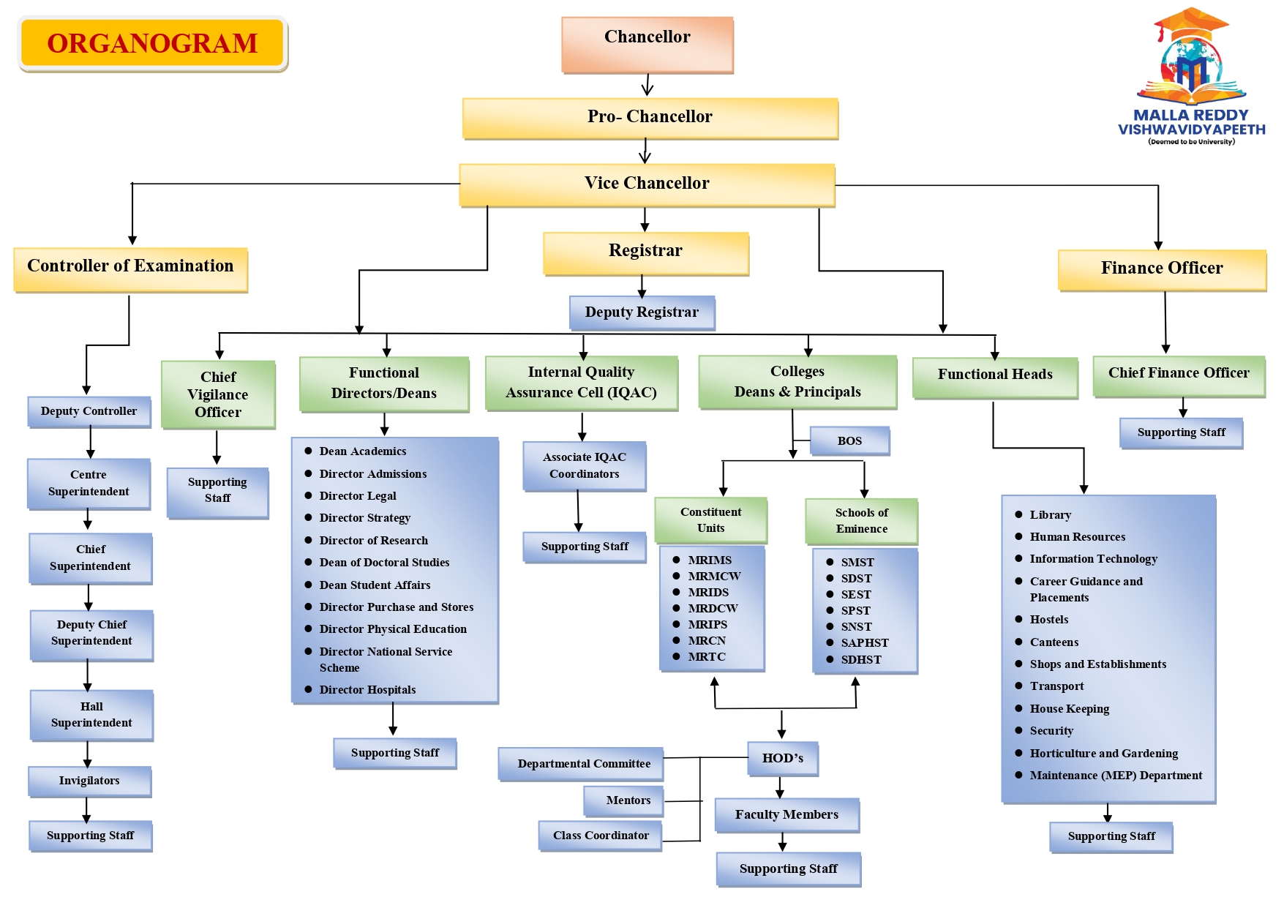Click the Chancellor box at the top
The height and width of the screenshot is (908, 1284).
pyautogui.click(x=647, y=45)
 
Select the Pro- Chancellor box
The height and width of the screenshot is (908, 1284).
pyautogui.click(x=650, y=118)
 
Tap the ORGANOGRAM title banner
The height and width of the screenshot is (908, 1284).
pyautogui.click(x=152, y=43)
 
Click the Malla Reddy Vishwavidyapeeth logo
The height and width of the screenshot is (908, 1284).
pyautogui.click(x=1191, y=77)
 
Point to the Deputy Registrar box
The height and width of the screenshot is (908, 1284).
pyautogui.click(x=642, y=312)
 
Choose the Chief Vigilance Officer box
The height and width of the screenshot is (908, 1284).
pyautogui.click(x=218, y=394)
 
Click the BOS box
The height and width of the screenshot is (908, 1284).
pyautogui.click(x=849, y=441)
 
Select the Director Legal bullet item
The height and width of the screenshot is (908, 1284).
pyautogui.click(x=358, y=496)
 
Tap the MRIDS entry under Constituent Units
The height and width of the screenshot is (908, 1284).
pyautogui.click(x=708, y=593)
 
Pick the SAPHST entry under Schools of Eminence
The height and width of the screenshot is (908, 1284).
pyautogui.click(x=864, y=643)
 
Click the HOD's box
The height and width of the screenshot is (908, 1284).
pyautogui.click(x=782, y=759)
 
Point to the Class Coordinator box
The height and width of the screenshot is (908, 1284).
pyautogui.click(x=601, y=836)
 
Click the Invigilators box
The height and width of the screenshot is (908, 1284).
pyautogui.click(x=89, y=781)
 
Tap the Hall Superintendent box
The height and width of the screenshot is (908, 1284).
pyautogui.click(x=91, y=715)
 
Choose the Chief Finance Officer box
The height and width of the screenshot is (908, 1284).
pyautogui.click(x=1178, y=374)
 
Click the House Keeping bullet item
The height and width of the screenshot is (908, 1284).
pyautogui.click(x=1069, y=709)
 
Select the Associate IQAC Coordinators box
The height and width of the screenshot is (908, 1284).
pyautogui.click(x=584, y=465)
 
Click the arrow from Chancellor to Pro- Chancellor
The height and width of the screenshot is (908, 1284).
pyautogui.click(x=647, y=85)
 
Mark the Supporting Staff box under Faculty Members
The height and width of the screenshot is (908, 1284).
pyautogui.click(x=788, y=869)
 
